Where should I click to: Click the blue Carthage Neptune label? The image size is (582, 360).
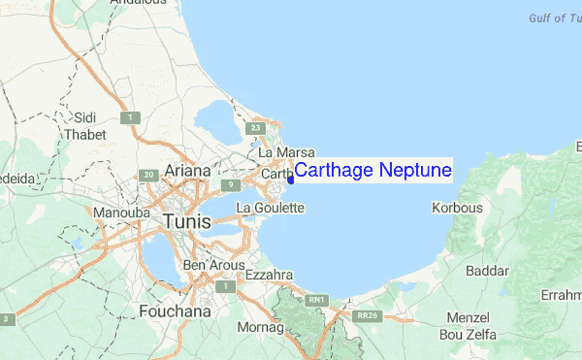click(x=372, y=171)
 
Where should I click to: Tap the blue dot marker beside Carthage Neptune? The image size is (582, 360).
click(x=290, y=179)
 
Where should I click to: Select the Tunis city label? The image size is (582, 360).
click(x=187, y=221)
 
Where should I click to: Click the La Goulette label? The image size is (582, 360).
click(x=271, y=208)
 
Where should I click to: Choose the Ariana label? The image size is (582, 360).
click(x=187, y=171)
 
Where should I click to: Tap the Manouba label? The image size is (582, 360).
click(x=118, y=212)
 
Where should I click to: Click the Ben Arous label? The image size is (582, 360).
click(x=210, y=265)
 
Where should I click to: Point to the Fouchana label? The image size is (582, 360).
click(x=175, y=311)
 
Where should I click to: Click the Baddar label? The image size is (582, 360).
click(x=488, y=271)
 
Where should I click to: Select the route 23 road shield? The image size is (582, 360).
click(x=256, y=127)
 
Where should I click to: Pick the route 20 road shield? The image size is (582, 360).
click(x=148, y=176)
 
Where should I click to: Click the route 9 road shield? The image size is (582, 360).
click(x=230, y=185)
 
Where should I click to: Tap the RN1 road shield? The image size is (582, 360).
click(x=316, y=302)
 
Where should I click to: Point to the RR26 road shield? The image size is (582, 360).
click(x=366, y=315)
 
